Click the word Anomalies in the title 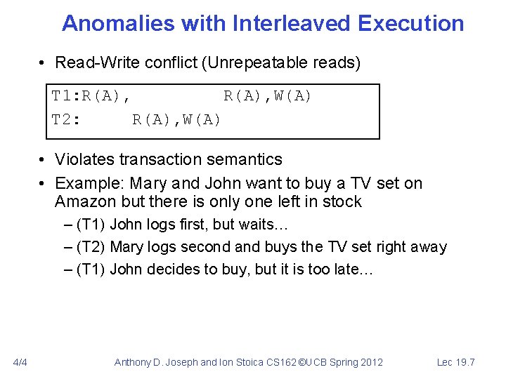pyautogui.click(x=117, y=23)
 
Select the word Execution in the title pyautogui.click(x=410, y=23)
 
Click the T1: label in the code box pyautogui.click(x=67, y=96)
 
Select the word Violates pyautogui.click(x=83, y=159)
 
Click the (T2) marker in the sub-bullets pyautogui.click(x=91, y=247)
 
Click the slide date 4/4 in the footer pyautogui.click(x=20, y=362)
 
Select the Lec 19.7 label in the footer pyautogui.click(x=455, y=362)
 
